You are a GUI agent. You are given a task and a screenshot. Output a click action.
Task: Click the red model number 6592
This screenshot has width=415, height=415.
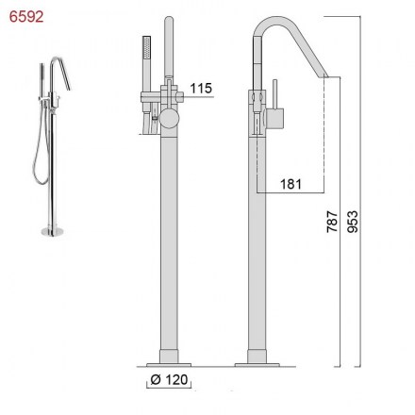coord(26,17)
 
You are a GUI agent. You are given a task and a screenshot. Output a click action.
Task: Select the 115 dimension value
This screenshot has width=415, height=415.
coord(201,89)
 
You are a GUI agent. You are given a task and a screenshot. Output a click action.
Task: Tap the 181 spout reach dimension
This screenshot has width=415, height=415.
coord(290,184)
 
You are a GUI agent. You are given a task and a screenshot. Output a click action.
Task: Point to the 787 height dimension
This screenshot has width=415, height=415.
coord(332,222)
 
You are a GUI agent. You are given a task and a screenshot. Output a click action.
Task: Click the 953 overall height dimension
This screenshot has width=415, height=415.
coord(353,222)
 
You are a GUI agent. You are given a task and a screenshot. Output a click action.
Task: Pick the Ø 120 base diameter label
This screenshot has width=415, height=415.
coord(169,380)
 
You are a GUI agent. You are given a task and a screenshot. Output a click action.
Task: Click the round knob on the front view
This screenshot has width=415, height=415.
coord(169,119)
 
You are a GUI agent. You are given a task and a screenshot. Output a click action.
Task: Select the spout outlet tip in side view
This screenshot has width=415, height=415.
coord(324,76)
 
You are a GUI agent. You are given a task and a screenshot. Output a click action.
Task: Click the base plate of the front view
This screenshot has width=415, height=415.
coord(169,365)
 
